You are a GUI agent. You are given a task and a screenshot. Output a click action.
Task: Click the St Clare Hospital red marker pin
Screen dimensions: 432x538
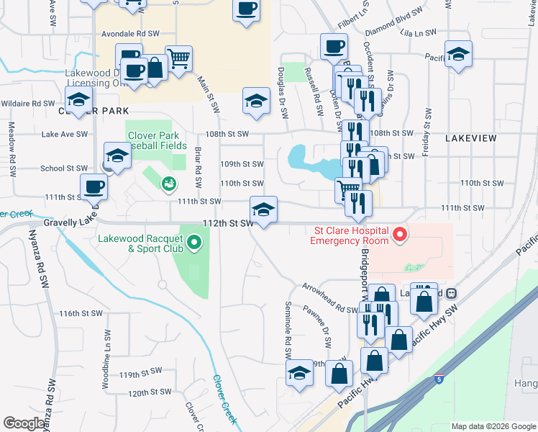[399, 235]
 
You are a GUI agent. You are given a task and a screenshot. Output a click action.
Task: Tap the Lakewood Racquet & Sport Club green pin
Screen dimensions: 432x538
[193, 244]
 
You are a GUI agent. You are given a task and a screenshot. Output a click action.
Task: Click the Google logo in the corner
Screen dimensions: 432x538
[25, 423]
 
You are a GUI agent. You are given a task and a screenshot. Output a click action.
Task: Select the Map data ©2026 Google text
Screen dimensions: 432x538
[493, 426]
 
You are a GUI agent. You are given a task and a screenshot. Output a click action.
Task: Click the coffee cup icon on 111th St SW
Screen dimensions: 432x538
[94, 187]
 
